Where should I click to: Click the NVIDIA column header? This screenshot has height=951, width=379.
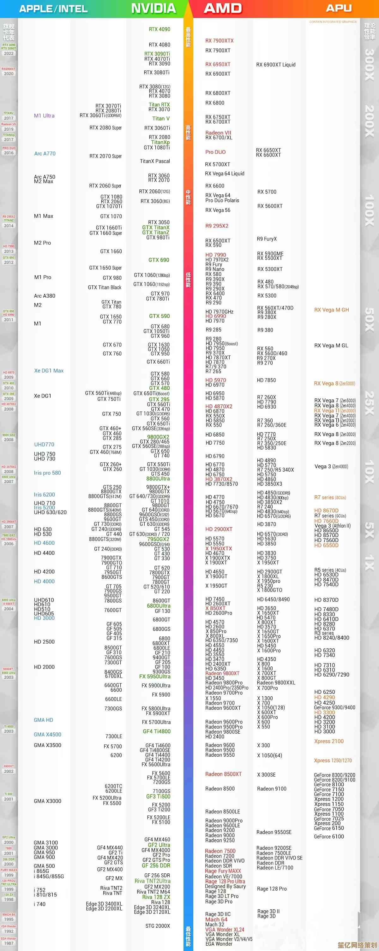[x=153, y=9]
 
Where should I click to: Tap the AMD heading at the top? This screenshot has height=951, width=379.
[x=223, y=9]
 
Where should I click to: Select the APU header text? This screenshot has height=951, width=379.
[x=339, y=8]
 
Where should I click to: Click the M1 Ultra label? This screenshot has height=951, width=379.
[x=44, y=115]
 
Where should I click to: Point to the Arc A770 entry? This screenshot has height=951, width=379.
[x=45, y=154]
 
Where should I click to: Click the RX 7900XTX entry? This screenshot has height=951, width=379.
[x=220, y=41]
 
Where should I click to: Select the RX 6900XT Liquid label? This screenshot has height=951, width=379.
[x=276, y=65]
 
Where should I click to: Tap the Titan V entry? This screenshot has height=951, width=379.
[x=161, y=119]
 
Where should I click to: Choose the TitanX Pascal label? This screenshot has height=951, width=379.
[x=155, y=161]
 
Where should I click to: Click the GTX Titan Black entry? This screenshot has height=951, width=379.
[x=105, y=287]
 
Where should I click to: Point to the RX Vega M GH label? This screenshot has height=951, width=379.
[x=331, y=310]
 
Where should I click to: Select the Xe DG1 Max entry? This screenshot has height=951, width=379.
[x=49, y=371]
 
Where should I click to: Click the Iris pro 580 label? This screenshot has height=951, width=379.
[x=47, y=473]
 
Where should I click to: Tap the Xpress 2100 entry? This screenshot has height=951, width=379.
[x=329, y=741]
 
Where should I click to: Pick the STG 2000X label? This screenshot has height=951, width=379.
[x=158, y=926]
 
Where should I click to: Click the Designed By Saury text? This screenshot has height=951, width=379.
[x=225, y=886]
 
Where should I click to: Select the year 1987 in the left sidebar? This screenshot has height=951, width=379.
[x=9, y=943]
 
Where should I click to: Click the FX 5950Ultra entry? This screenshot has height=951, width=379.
[x=155, y=677]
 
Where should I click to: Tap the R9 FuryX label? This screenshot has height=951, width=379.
[x=267, y=239]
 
